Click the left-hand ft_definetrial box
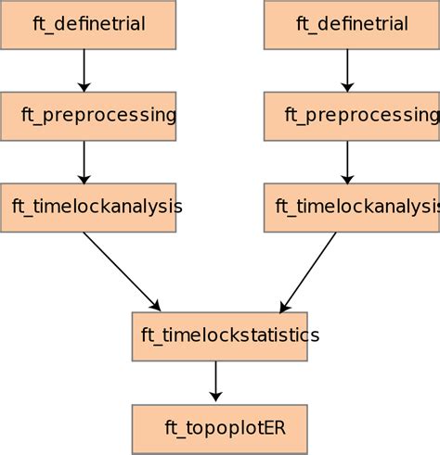pos(88,24)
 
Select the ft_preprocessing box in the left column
pos(88,116)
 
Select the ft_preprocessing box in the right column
pos(351,116)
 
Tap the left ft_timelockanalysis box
pos(88,207)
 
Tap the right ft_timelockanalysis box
pos(351,207)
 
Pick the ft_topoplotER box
pos(219,427)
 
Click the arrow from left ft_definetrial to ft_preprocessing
pos(84,70)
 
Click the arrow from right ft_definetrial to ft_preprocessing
pos(347,70)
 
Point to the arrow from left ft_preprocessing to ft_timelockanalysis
pos(84,161)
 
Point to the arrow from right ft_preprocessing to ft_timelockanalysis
pos(347,161)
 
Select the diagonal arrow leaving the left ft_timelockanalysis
pos(121,270)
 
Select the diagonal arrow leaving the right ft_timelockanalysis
pos(309,270)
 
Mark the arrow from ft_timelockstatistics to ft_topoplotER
pos(215,380)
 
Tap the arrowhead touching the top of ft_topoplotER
pos(215,398)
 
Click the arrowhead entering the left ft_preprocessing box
pos(84,86)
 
